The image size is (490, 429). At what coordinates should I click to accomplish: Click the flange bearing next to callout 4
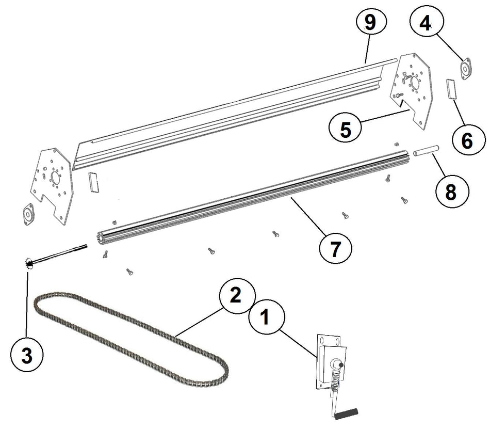(x=466, y=69)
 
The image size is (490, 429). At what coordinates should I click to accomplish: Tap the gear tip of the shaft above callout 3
(x=28, y=264)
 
